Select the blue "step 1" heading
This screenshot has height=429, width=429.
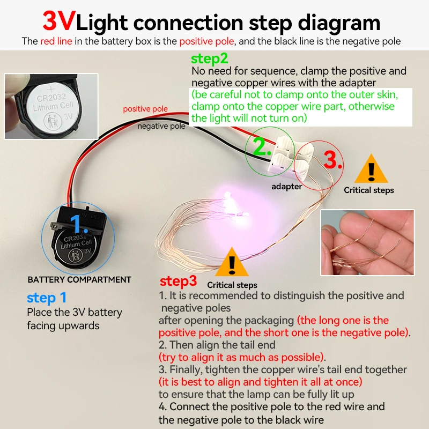(47, 298)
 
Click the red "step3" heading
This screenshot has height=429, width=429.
(179, 281)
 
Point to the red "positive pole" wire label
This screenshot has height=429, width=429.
(145, 109)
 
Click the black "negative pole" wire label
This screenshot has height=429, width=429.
(161, 127)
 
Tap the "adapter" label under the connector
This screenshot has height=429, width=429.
(286, 187)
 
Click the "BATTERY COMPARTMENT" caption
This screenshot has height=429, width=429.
(79, 279)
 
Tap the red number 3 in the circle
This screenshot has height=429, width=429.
(333, 160)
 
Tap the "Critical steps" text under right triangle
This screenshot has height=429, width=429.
(369, 190)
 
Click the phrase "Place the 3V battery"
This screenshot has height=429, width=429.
(75, 312)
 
